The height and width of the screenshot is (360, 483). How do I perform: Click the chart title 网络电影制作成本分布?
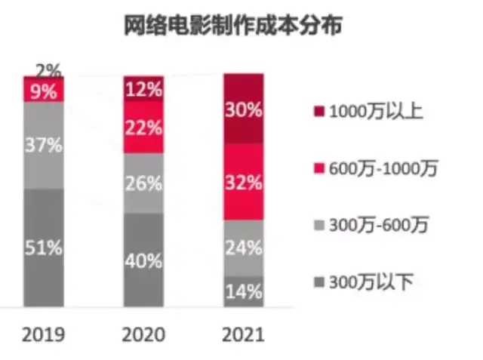[232, 27]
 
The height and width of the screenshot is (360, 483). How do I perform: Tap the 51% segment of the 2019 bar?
[43, 248]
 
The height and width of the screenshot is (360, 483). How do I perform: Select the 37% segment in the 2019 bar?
[43, 145]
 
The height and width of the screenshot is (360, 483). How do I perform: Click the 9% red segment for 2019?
[43, 91]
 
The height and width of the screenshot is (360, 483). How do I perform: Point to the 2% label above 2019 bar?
[48, 72]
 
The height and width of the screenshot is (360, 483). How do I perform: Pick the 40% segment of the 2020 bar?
[143, 260]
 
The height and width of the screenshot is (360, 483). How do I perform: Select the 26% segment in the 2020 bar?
[143, 183]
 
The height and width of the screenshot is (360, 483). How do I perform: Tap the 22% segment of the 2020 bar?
[143, 127]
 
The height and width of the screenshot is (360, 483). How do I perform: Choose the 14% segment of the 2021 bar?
[243, 291]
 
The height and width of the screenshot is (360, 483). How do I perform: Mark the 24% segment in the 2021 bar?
[243, 248]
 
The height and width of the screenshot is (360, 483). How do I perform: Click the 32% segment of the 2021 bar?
[243, 182]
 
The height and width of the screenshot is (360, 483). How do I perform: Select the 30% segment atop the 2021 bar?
[243, 109]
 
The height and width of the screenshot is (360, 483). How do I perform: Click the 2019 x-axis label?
[43, 334]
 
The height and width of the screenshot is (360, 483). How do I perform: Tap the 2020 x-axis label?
[143, 334]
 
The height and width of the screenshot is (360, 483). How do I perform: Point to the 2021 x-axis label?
[243, 334]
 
